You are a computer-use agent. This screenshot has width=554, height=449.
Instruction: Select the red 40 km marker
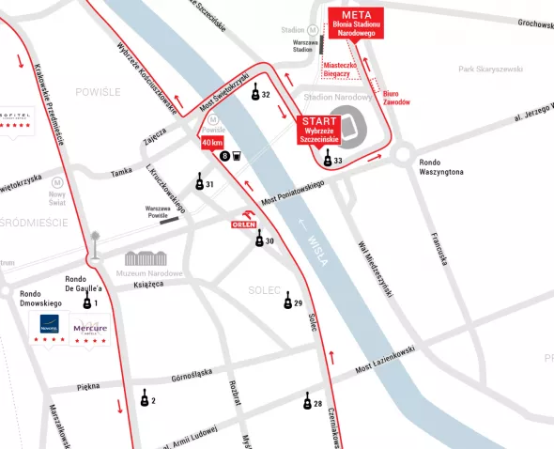coord(212,142)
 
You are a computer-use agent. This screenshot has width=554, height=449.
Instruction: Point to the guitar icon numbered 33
coord(328,161)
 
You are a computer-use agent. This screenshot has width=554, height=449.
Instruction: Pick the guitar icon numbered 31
coord(199,183)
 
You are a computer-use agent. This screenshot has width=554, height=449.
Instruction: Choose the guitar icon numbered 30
coord(260,240)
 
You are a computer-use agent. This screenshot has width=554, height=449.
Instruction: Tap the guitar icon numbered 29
coord(288,301)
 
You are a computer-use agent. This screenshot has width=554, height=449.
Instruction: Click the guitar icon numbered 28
coord(307,402)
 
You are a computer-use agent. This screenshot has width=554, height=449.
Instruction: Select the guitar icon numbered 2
coord(145,399)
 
